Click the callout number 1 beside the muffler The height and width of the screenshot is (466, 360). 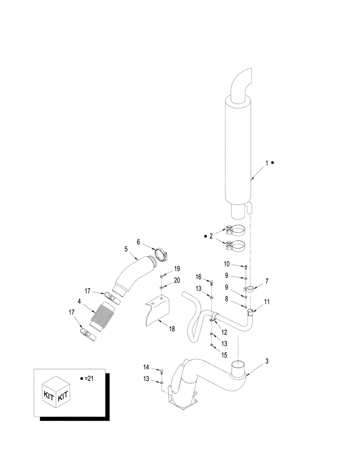pos(267,163)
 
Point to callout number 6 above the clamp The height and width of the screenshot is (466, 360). pos(138,242)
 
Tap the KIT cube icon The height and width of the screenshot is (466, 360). pos(56,396)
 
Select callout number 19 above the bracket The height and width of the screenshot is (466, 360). pos(177,269)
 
